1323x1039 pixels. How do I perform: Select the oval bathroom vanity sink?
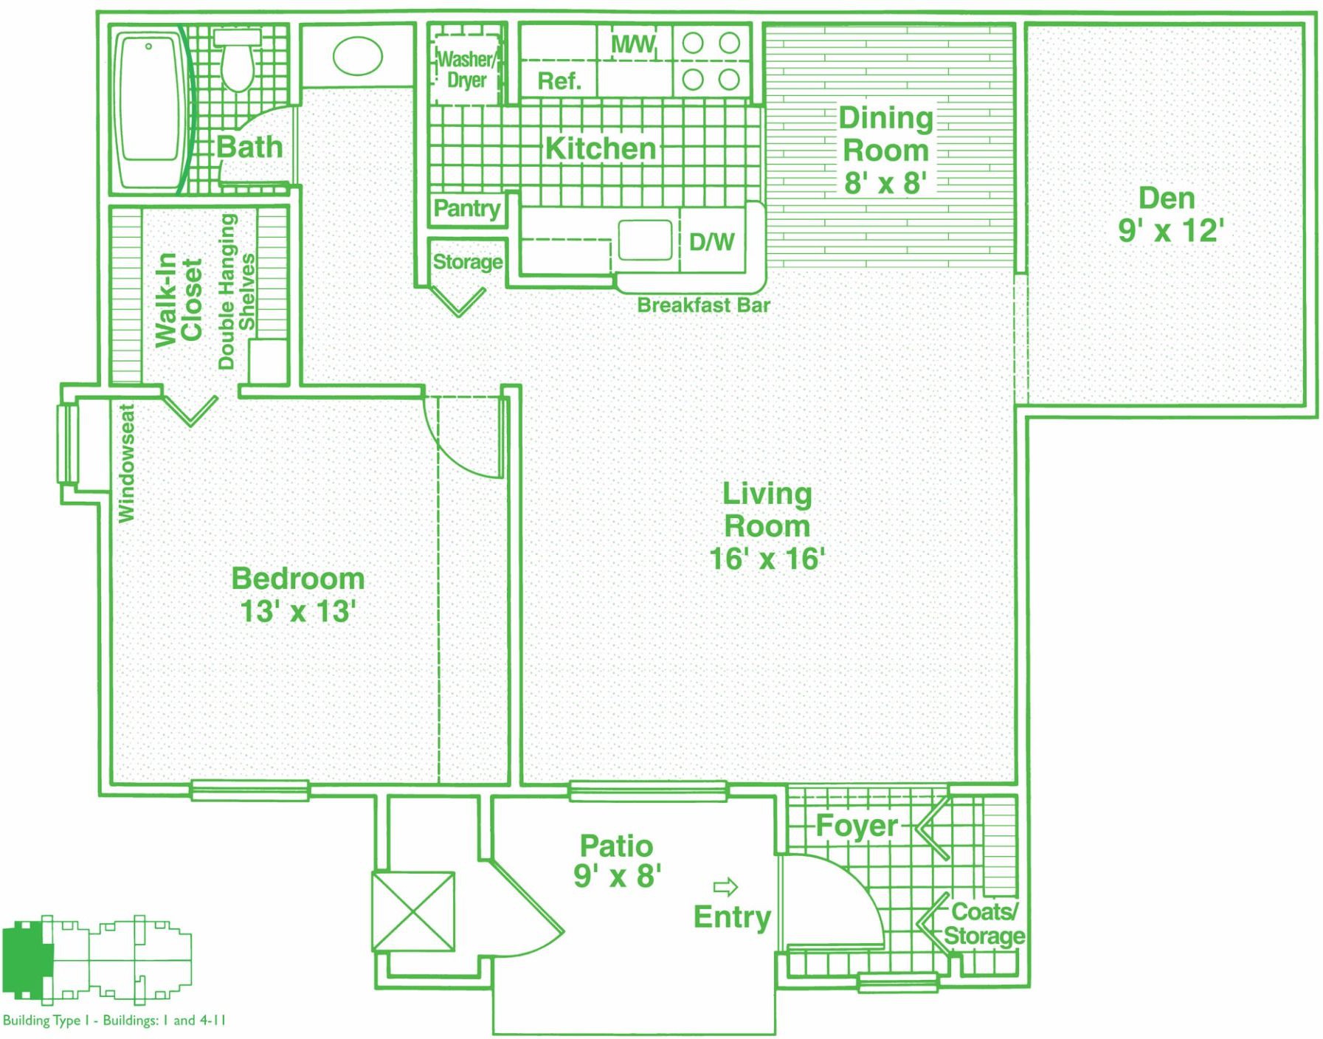[358, 56]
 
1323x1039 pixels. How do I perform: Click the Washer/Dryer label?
[466, 69]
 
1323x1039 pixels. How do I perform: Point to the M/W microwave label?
[633, 44]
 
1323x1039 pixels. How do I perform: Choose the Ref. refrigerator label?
[559, 80]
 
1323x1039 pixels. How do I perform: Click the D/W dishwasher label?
[711, 241]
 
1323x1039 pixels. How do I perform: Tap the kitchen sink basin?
[645, 240]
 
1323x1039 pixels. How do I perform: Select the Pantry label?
[467, 209]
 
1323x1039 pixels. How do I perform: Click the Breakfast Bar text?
[703, 305]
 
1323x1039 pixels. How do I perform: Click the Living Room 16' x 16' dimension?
[767, 559]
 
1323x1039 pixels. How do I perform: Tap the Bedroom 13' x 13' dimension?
[298, 611]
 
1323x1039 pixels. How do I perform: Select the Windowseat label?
[127, 463]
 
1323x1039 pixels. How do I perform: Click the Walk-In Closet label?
[178, 300]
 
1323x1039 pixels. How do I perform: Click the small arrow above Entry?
[725, 886]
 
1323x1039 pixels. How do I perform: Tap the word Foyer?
[857, 826]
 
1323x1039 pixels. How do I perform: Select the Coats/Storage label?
[984, 924]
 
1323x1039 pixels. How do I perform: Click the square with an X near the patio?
[413, 912]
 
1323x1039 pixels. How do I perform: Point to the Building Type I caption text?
[114, 1021]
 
